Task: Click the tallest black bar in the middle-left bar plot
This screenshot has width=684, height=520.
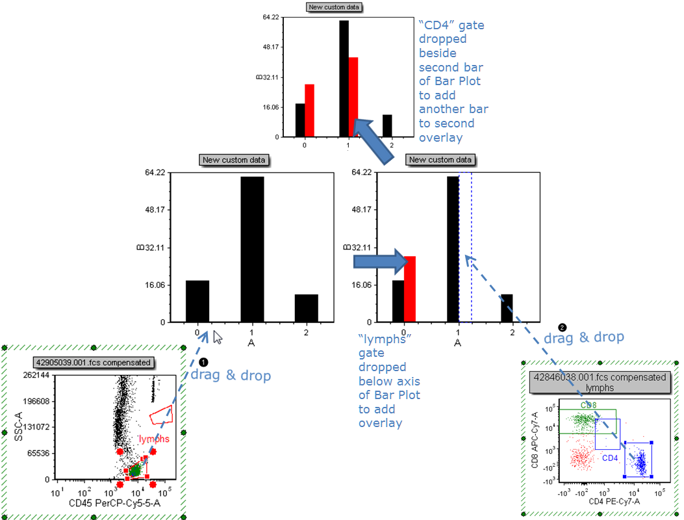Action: [x=252, y=250]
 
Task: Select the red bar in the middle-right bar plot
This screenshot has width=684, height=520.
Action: [x=410, y=289]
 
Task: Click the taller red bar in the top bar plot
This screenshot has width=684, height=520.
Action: [x=353, y=97]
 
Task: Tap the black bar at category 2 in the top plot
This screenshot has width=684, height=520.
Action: [x=387, y=126]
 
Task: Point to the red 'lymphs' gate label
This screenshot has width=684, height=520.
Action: [x=153, y=439]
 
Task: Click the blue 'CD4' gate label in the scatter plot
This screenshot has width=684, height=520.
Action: [x=609, y=458]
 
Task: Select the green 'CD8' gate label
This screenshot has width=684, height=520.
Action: [x=589, y=405]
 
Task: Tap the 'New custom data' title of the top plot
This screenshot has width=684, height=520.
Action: [x=335, y=8]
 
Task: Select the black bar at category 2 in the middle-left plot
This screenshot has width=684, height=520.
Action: [x=307, y=308]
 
